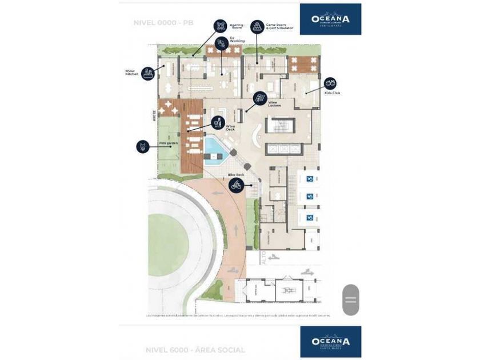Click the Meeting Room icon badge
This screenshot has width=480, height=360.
220,26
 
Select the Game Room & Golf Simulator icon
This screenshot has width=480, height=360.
257,26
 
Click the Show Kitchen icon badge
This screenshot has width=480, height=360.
149,73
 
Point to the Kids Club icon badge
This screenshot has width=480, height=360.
330,83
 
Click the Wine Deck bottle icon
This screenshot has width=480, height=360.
217,122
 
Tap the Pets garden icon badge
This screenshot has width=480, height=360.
143,146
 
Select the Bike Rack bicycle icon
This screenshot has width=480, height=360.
236,185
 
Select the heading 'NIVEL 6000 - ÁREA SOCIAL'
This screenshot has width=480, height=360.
194,350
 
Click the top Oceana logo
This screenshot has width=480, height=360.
330,19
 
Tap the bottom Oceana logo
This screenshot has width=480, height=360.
330,341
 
